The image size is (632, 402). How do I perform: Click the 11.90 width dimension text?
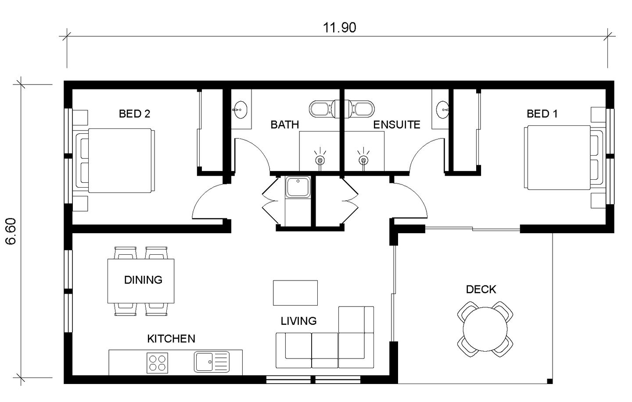(x=339, y=28)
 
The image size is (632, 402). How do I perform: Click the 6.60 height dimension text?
(x=11, y=231)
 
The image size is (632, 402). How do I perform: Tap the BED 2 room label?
(x=134, y=114)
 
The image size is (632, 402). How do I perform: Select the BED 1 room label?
(x=542, y=114)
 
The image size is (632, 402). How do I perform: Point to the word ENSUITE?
(x=396, y=125)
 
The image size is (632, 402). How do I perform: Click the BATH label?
(x=284, y=125)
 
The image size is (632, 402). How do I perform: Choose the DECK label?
(x=481, y=289)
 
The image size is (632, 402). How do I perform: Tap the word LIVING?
(x=298, y=321)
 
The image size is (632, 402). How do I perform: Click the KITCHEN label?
(x=171, y=338)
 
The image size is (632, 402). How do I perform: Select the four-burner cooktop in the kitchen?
(x=157, y=363)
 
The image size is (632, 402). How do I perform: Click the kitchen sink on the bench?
(x=212, y=362)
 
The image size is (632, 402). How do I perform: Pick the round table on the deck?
(x=485, y=329)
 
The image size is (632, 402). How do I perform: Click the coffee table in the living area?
(x=295, y=292)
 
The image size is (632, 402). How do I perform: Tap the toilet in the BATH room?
(x=324, y=109)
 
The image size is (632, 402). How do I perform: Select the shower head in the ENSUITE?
(x=363, y=160)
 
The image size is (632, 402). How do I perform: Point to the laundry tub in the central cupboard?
(x=298, y=187)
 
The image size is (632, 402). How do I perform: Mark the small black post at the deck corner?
(x=549, y=381)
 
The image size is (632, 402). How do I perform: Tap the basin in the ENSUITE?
(x=443, y=110)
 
